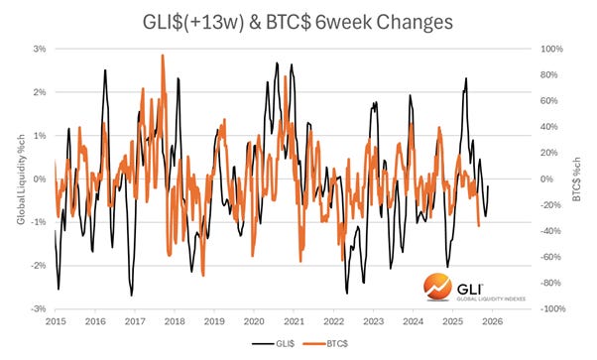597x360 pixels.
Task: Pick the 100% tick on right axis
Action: [550, 49]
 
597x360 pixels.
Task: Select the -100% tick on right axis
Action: [552, 309]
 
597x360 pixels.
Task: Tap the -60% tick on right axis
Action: [551, 258]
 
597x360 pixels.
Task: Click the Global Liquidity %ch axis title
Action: [19, 180]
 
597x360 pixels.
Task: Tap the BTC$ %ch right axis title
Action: [576, 180]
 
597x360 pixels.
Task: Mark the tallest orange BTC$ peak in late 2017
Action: [162, 57]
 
